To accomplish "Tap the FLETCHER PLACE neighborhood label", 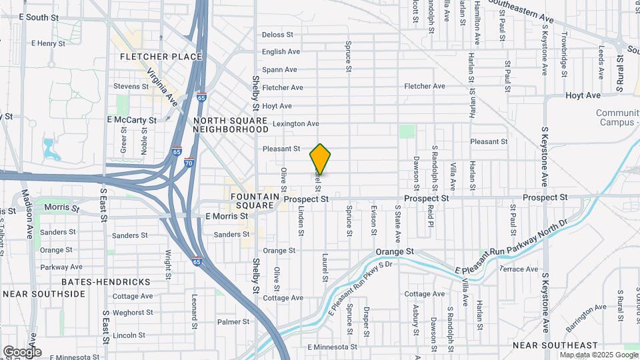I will click(x=161, y=57).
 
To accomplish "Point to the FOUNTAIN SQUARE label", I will click(x=253, y=201).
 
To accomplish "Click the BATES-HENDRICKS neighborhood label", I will click(x=106, y=281).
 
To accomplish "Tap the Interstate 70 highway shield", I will click(x=189, y=161).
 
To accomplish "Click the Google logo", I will click(x=22, y=351).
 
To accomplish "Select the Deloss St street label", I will click(x=277, y=35).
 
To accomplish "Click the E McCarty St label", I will click(x=131, y=120).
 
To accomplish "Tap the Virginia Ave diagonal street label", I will click(x=162, y=87).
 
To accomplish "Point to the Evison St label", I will click(x=374, y=222).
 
